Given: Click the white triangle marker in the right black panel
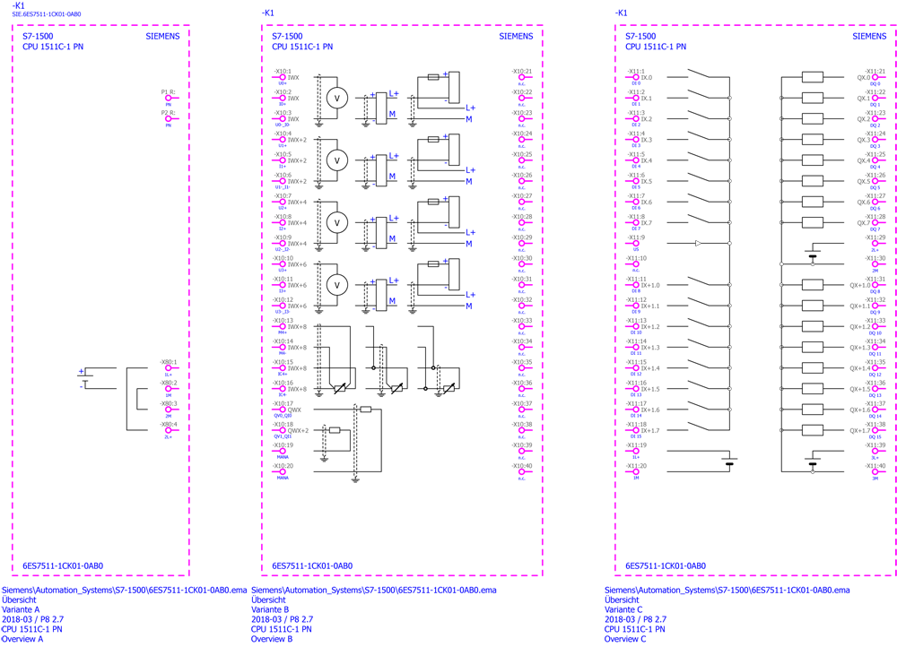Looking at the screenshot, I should (698, 243).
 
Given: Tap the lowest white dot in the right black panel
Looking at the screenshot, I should (813, 471).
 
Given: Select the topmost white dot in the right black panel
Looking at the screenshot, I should (729, 98).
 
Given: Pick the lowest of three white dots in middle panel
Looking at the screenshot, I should (425, 388).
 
